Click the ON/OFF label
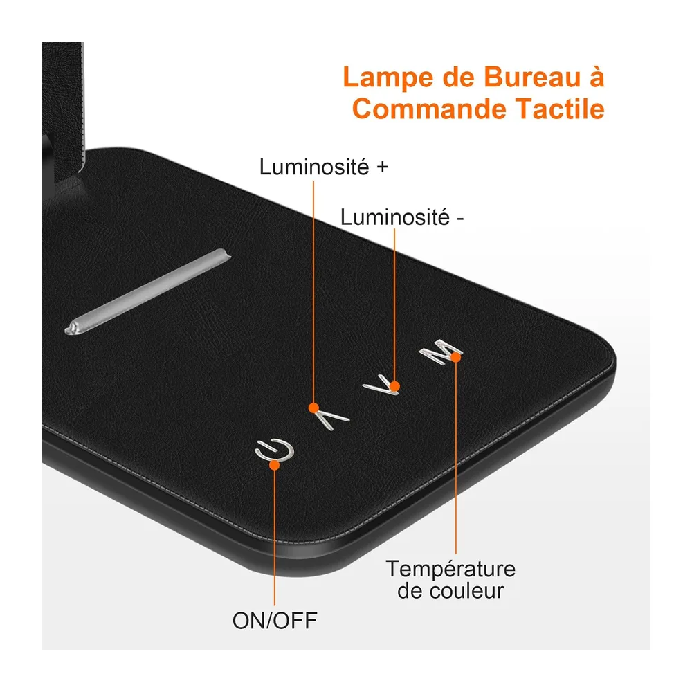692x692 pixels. coord(275,621)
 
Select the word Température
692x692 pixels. coord(450,569)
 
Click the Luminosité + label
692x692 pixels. coord(323,167)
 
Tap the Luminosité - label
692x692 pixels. coord(401,217)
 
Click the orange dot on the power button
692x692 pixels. coord(274,465)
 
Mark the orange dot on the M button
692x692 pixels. coord(456,357)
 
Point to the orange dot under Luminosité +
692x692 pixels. coord(313,408)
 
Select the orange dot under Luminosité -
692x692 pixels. coord(394,387)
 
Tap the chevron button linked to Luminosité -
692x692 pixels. coord(381,385)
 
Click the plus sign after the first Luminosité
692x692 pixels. coord(382,167)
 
